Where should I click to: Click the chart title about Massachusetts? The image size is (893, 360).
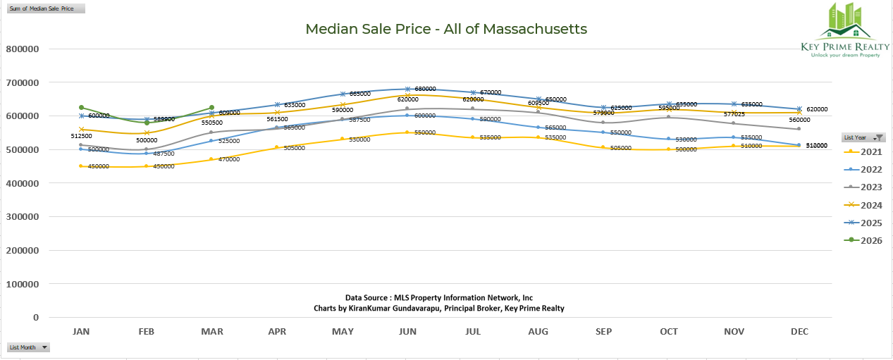point(446,29)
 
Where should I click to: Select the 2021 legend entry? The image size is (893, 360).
point(866,151)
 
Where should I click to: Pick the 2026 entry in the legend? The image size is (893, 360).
point(866,241)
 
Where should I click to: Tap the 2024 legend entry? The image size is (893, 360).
point(866,205)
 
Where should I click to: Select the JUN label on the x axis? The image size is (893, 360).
point(407,331)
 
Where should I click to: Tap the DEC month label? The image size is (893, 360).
point(799,331)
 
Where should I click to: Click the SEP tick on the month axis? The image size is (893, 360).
point(603,331)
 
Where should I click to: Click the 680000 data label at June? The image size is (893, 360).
point(426,89)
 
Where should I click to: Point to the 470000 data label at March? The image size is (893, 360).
point(228,159)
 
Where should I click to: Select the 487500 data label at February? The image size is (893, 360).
point(163,153)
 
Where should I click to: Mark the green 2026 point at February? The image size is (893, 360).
point(147,123)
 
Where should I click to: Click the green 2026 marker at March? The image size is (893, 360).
point(211,108)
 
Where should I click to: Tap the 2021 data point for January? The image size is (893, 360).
point(81,166)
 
